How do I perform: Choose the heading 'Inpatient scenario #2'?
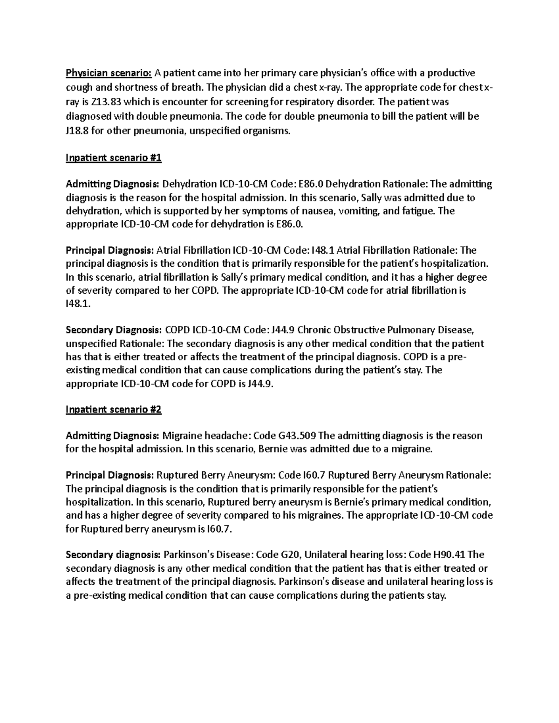pos(114,410)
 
